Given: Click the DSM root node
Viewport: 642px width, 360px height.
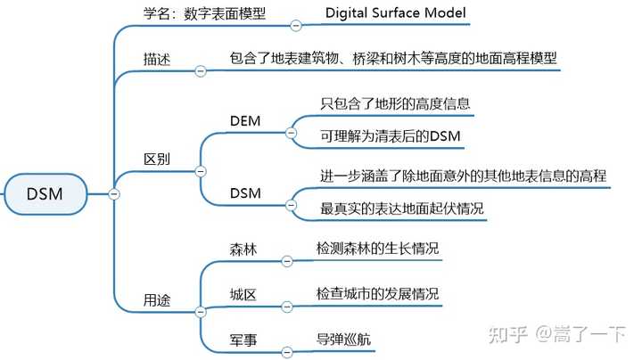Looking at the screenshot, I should pyautogui.click(x=45, y=194).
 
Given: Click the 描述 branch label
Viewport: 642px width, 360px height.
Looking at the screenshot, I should pyautogui.click(x=157, y=59).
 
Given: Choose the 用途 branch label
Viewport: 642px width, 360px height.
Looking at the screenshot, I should pyautogui.click(x=157, y=300).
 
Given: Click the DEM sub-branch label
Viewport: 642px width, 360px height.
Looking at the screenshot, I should pyautogui.click(x=245, y=120).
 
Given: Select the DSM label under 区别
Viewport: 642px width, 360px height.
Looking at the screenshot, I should pyautogui.click(x=245, y=193).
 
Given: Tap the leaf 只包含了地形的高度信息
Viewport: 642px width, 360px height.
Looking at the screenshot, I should pyautogui.click(x=395, y=103).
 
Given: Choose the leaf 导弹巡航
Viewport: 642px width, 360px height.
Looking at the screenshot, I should pyautogui.click(x=345, y=340).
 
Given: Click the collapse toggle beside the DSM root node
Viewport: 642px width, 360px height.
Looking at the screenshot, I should pyautogui.click(x=113, y=194).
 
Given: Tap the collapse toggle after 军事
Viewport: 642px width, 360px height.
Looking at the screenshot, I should pyautogui.click(x=287, y=351).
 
